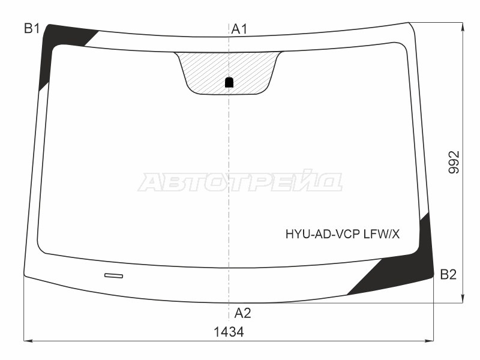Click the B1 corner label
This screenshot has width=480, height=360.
tap(32, 29)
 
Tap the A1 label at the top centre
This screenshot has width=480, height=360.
tap(239, 29)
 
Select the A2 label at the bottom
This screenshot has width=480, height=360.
tap(243, 313)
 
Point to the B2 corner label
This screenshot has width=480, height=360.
tap(448, 275)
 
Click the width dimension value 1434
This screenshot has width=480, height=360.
tap(229, 332)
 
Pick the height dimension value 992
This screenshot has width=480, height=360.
tap(454, 162)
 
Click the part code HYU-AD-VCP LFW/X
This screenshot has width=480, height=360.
tap(343, 234)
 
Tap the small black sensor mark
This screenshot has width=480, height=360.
tap(229, 82)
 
